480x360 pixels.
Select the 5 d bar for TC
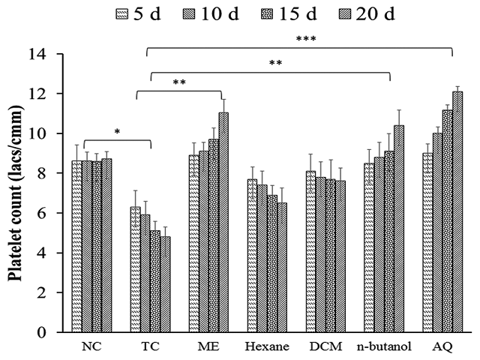click(135, 269)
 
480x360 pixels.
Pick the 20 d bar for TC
click(164, 284)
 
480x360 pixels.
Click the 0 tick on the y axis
click(46, 332)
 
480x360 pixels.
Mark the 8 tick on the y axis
click(46, 173)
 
